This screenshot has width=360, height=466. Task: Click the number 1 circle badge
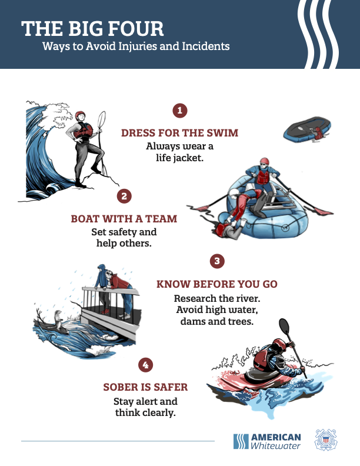(x=179, y=111)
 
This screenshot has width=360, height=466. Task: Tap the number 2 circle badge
(x=124, y=196)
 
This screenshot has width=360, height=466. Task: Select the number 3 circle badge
(x=217, y=261)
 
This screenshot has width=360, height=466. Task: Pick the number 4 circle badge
(x=145, y=365)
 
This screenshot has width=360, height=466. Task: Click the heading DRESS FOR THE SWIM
(x=179, y=133)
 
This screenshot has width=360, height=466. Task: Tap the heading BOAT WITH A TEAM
(x=124, y=219)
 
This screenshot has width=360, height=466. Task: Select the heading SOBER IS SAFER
(x=145, y=387)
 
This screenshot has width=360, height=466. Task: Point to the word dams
(x=191, y=321)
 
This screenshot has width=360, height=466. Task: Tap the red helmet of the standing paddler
(x=80, y=115)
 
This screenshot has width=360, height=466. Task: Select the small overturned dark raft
(x=307, y=129)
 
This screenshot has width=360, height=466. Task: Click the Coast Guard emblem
(x=326, y=440)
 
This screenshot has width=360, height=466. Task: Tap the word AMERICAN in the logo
(x=276, y=437)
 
